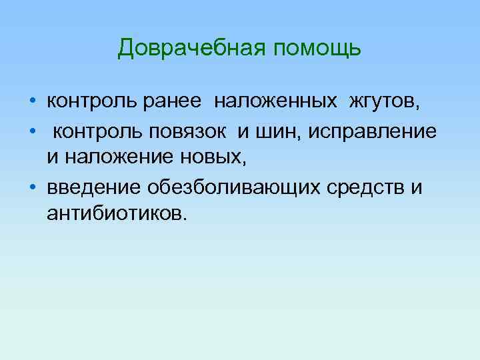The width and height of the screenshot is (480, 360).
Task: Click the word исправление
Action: tap(373, 132)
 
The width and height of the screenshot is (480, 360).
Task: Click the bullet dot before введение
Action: tap(33, 187)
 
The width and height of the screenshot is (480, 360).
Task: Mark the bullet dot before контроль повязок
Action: tap(33, 132)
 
